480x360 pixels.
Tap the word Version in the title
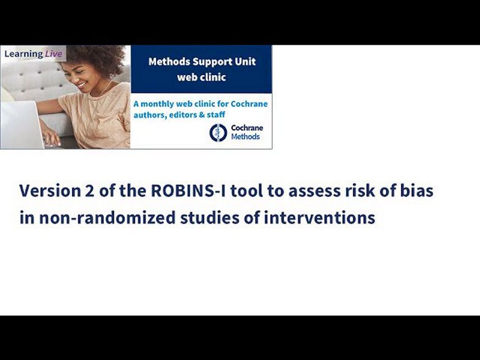coord(50,191)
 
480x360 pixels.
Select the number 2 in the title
coord(90,191)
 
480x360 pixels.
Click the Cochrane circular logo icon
coord(218,132)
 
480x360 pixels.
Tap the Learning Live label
coord(33,54)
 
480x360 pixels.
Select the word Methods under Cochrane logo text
coord(245,137)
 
